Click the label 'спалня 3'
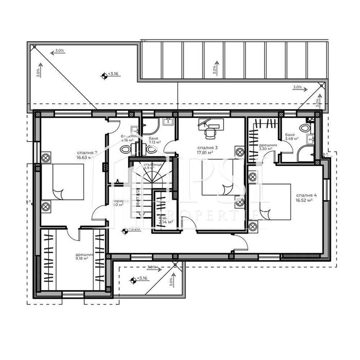(x=208, y=148)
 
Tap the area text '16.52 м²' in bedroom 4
(x=305, y=202)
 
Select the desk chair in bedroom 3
(x=210, y=134)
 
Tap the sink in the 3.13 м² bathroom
(x=168, y=122)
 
